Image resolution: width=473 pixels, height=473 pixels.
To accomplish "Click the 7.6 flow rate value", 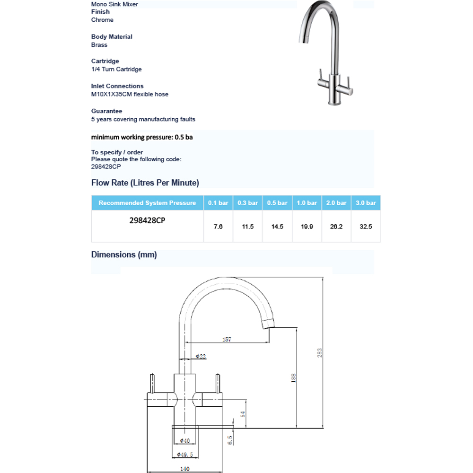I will (218, 227).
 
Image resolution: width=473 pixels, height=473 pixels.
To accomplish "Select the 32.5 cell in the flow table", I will (366, 227).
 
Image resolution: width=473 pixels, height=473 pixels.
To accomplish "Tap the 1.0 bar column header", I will (307, 203).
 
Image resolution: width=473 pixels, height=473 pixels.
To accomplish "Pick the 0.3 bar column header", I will (248, 203).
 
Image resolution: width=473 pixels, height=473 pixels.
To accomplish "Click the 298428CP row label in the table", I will (147, 220).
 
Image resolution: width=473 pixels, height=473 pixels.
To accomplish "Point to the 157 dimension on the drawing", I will (227, 340).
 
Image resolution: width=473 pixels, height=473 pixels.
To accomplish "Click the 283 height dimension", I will (320, 352).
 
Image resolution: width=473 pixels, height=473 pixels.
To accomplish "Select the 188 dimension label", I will (294, 377).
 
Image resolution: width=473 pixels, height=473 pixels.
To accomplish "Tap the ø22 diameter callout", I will (201, 357).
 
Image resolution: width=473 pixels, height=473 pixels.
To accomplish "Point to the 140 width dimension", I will (184, 469).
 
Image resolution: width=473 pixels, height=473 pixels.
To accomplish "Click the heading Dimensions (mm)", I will (124, 255).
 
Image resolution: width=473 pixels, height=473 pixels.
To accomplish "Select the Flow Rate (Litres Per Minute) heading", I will (145, 183).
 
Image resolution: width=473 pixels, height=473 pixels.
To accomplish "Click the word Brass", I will (99, 45).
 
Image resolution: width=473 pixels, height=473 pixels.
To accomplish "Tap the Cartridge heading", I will (105, 61).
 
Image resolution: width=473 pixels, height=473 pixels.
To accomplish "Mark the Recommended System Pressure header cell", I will (147, 203).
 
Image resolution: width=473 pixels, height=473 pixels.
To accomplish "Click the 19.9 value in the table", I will (307, 227).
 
